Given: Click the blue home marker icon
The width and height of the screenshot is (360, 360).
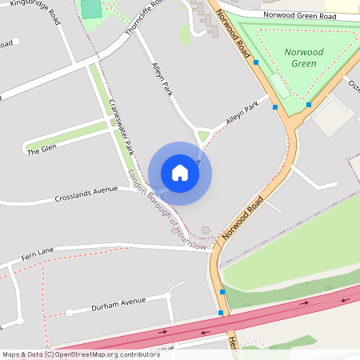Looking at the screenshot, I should point(180,173).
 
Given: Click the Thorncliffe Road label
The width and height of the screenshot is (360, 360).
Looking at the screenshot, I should point(143,18).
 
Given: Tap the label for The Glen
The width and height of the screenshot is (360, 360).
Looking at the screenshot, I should point(42,150).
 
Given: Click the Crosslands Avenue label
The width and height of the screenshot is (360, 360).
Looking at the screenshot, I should point(86,195).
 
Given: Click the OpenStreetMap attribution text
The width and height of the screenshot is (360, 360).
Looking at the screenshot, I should point(80,354).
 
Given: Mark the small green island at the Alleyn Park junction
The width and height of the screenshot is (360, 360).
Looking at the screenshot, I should point(204,136).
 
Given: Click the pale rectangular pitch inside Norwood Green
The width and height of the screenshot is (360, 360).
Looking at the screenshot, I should point(279,84).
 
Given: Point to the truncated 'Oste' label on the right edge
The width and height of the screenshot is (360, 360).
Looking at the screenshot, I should point(353,83).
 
